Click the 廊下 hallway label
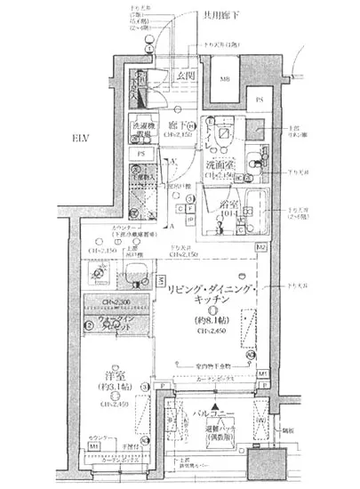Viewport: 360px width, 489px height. click(x=175, y=124)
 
